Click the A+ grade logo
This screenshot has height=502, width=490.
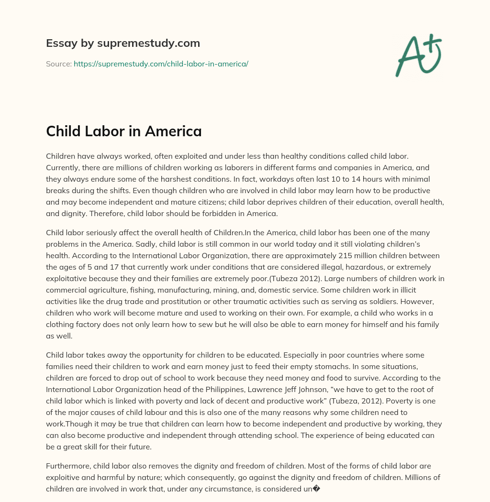(418, 55)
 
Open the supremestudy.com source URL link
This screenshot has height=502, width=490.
(161, 64)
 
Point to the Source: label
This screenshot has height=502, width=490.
(59, 64)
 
